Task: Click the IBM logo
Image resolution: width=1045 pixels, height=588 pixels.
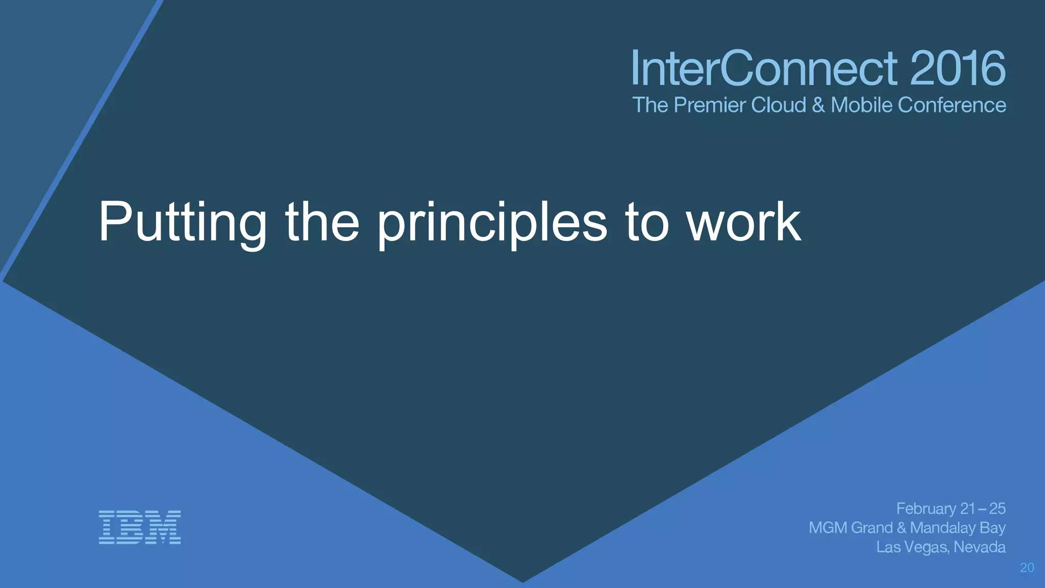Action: tap(139, 527)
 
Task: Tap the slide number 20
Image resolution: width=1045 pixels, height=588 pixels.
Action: tap(1027, 568)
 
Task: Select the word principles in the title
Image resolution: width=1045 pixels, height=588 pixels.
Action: tap(492, 222)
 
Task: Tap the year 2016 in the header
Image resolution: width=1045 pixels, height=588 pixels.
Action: tap(958, 69)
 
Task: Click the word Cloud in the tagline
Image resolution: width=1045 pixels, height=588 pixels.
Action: tap(779, 105)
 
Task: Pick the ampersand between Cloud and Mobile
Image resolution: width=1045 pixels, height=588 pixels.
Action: tap(818, 105)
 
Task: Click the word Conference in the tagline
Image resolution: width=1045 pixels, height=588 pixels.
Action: tap(952, 105)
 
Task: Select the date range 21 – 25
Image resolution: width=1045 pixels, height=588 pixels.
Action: tap(983, 509)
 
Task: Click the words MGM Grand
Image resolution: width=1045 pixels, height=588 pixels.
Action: tap(851, 528)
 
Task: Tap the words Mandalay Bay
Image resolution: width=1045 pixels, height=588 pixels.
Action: tap(958, 528)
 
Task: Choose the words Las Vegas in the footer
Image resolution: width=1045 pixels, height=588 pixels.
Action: tap(912, 547)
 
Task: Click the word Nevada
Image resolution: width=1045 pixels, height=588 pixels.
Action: tap(980, 547)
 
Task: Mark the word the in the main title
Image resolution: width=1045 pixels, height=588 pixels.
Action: tap(322, 222)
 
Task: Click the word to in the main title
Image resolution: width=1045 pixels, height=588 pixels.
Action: tap(646, 222)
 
